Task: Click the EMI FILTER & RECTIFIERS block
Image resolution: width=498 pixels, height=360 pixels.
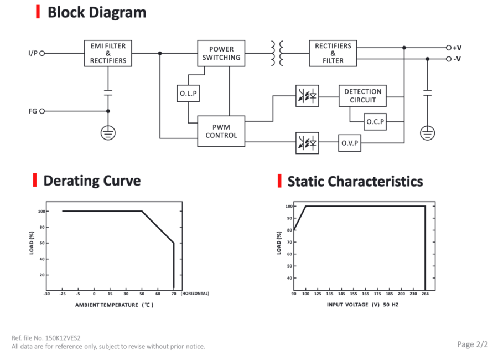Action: pyautogui.click(x=108, y=53)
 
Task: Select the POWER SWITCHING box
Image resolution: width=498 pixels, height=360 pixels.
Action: pyautogui.click(x=221, y=53)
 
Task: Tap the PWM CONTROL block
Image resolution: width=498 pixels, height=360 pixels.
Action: pyautogui.click(x=221, y=131)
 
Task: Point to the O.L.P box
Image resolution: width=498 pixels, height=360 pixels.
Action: pyautogui.click(x=188, y=94)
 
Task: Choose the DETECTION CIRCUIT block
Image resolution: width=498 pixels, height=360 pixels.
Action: pyautogui.click(x=362, y=96)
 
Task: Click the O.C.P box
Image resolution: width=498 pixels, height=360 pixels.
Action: pyautogui.click(x=375, y=121)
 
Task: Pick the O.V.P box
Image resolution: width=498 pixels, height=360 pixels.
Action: pyautogui.click(x=349, y=143)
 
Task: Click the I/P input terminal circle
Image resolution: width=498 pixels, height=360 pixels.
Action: pyautogui.click(x=42, y=53)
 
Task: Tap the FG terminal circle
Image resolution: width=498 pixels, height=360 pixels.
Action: pyautogui.click(x=42, y=111)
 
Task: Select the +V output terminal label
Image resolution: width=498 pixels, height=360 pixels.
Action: pyautogui.click(x=457, y=48)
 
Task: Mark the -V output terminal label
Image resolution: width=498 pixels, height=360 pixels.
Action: pyautogui.click(x=457, y=59)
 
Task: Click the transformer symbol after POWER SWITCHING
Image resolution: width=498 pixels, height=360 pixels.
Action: pyautogui.click(x=277, y=53)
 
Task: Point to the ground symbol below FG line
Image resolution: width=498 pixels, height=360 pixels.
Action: pyautogui.click(x=108, y=133)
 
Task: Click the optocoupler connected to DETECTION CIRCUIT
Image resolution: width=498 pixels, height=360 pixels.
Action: pyautogui.click(x=307, y=96)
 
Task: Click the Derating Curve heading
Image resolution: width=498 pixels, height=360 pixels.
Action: pyautogui.click(x=92, y=181)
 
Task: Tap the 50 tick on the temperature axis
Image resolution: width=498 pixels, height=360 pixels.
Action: pyautogui.click(x=142, y=294)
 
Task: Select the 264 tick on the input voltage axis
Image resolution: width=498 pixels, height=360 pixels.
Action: pyautogui.click(x=425, y=294)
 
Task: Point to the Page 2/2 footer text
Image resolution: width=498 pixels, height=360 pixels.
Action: pyautogui.click(x=473, y=344)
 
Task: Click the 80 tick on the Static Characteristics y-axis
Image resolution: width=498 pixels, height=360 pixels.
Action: pyautogui.click(x=289, y=230)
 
